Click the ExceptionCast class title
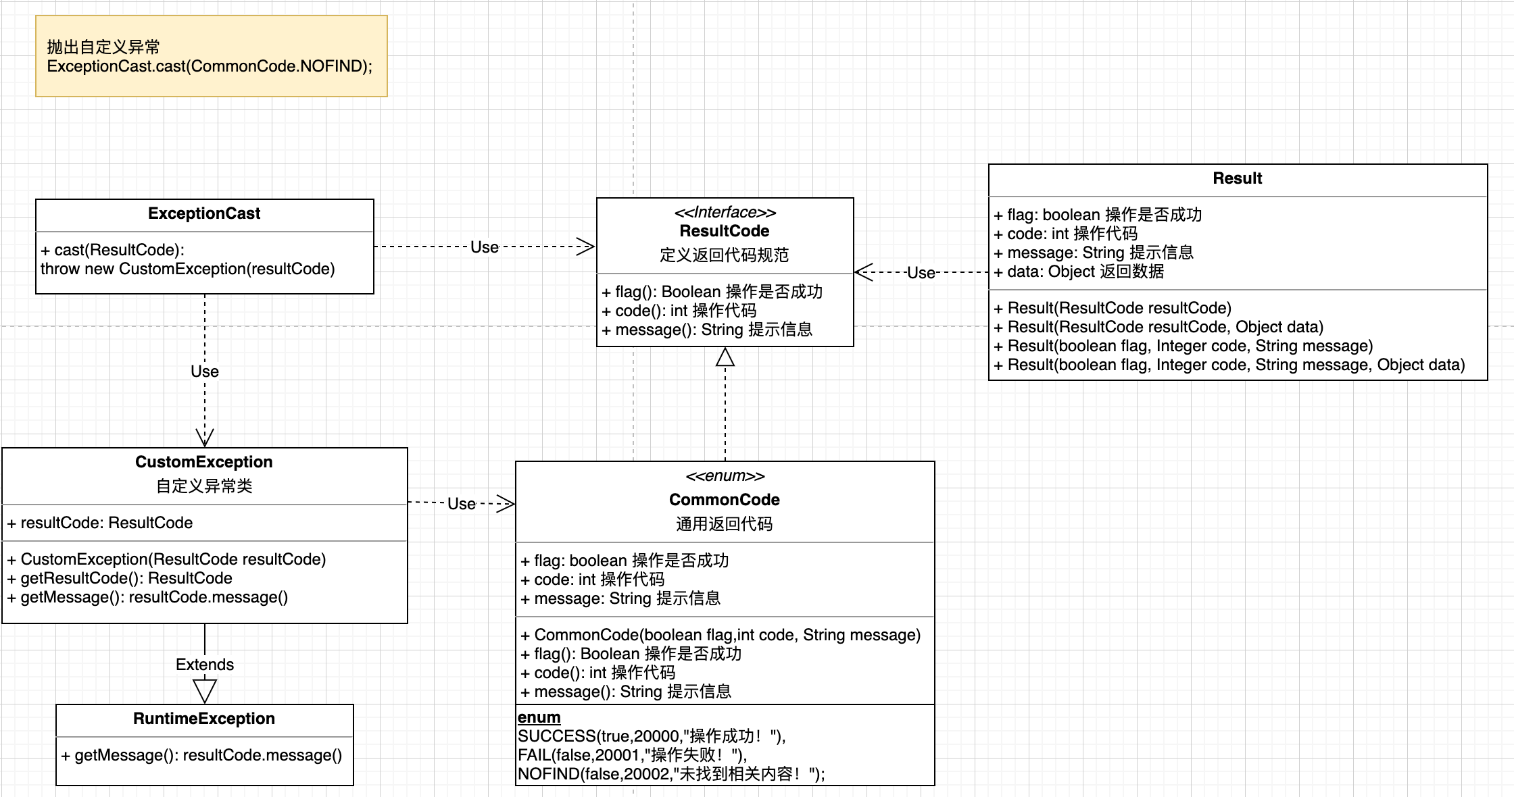[x=204, y=213]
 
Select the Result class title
[x=1237, y=178]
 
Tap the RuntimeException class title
[x=204, y=719]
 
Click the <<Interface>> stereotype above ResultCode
[x=725, y=212]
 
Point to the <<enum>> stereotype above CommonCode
[x=725, y=476]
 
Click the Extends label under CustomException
[x=205, y=665]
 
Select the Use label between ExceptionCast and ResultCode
[x=484, y=247]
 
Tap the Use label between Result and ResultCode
[x=921, y=273]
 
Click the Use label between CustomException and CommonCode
[x=461, y=504]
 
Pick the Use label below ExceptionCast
[x=205, y=371]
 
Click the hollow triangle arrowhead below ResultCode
[x=725, y=357]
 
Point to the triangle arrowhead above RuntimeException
[x=205, y=691]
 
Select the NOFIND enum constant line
[x=670, y=774]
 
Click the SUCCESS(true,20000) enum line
[x=652, y=736]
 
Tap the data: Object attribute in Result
[x=1079, y=272]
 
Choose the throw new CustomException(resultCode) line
[x=187, y=269]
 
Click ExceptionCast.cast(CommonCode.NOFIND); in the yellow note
[x=210, y=66]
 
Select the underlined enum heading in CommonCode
[x=539, y=717]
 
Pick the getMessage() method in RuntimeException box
[x=201, y=755]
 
